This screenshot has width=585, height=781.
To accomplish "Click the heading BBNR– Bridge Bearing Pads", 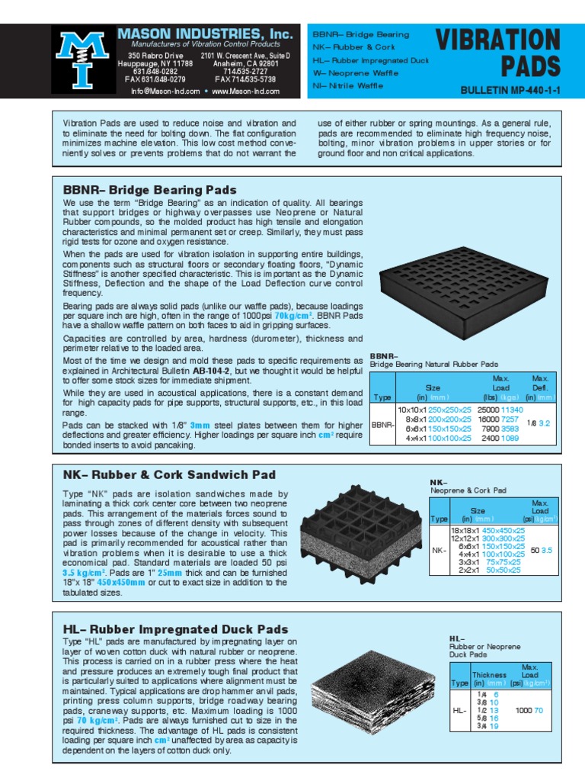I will click(149, 190).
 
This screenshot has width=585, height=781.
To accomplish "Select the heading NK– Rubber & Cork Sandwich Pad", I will click(169, 474).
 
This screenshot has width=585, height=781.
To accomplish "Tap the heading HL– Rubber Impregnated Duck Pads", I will click(175, 629).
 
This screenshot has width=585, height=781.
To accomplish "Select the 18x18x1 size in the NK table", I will click(464, 529).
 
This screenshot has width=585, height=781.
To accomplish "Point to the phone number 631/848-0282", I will click(155, 72).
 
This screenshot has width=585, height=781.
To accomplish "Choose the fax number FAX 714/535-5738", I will click(245, 79).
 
